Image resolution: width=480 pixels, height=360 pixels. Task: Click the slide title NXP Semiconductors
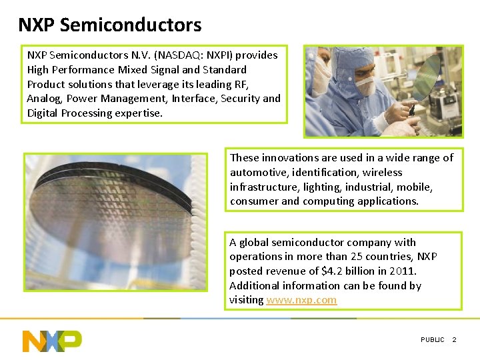tap(109, 25)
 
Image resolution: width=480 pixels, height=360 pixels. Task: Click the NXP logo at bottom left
tap(52, 340)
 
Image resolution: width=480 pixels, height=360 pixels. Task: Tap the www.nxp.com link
tap(301, 300)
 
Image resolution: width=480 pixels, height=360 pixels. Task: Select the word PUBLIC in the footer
tap(432, 340)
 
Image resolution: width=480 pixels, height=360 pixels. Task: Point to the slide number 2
tap(455, 340)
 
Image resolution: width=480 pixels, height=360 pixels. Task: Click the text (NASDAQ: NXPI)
tap(191, 55)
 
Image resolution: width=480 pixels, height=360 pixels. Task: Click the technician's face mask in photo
tap(365, 85)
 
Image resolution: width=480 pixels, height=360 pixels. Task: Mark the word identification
tap(321, 172)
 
